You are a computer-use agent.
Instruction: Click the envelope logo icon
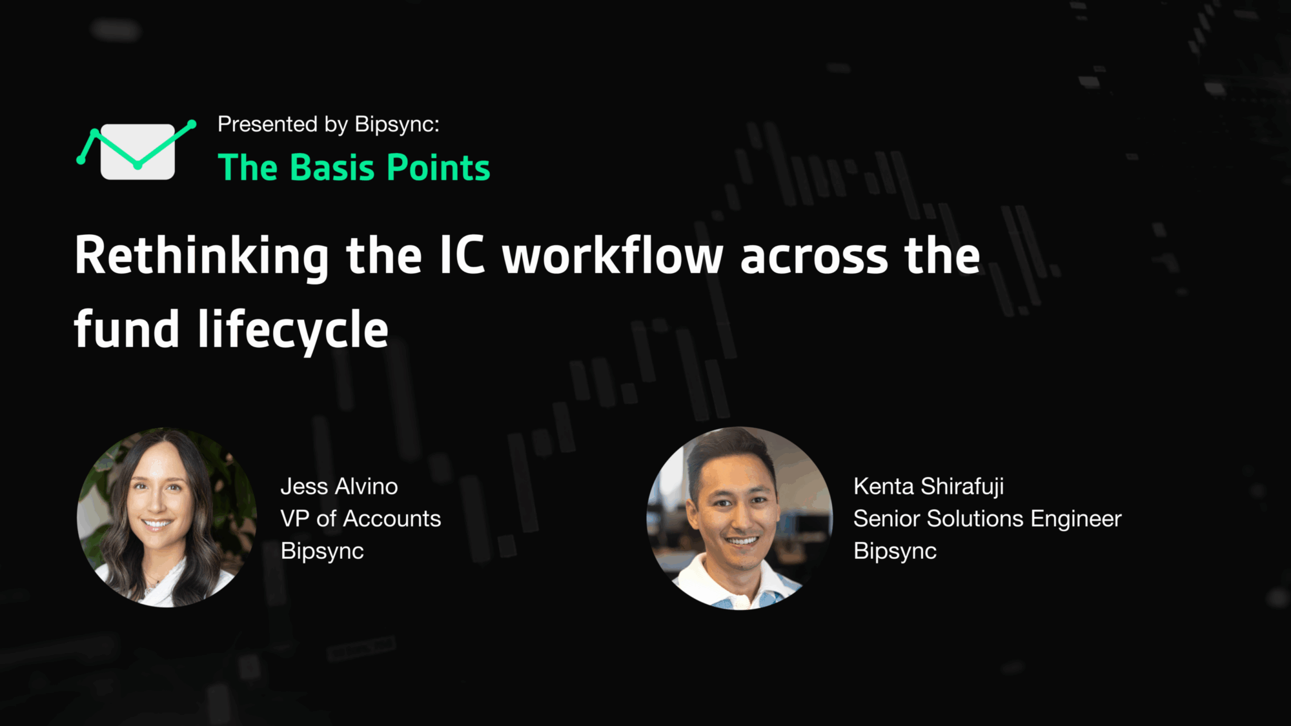[x=137, y=151]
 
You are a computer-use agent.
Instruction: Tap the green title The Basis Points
[x=354, y=168]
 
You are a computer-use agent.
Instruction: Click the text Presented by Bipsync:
[x=328, y=125]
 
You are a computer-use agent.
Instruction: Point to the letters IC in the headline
[x=462, y=256]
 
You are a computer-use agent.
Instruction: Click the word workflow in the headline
[x=613, y=256]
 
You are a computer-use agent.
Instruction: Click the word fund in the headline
[x=127, y=328]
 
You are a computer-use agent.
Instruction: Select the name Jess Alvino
[x=339, y=487]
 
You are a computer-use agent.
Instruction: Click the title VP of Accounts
[x=361, y=519]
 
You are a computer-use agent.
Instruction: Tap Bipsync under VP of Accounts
[x=322, y=552]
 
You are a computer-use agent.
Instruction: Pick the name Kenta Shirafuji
[x=928, y=487]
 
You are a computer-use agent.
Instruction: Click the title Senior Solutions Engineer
[x=988, y=519]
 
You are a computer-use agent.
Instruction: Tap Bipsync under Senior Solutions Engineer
[x=895, y=552]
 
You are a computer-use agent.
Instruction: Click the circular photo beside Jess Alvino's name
[x=167, y=518]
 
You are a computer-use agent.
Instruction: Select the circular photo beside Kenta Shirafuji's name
[x=740, y=518]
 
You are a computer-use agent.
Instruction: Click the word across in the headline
[x=814, y=257]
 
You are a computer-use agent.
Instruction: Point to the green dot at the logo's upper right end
[x=192, y=124]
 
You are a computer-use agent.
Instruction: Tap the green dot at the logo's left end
[x=81, y=160]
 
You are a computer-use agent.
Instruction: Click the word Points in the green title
[x=438, y=168]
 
